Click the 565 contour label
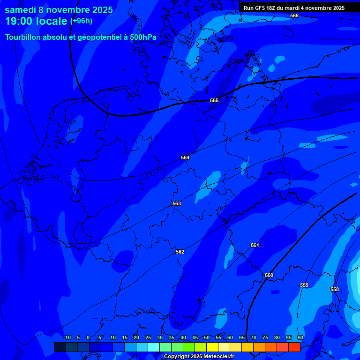[214, 100]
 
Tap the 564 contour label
[185, 157]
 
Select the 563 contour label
[177, 203]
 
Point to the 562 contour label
[180, 252]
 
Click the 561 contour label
[255, 245]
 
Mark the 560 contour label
[269, 275]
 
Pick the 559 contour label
[304, 285]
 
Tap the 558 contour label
[335, 289]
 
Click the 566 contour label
[294, 15]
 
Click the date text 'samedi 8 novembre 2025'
[59, 10]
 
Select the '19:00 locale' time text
[36, 21]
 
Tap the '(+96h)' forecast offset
[81, 21]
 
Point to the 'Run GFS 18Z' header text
[261, 8]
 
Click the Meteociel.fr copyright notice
[199, 357]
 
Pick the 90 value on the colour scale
[300, 337]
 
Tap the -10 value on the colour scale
[67, 337]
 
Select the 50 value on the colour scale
[207, 337]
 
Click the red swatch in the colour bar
[294, 347]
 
